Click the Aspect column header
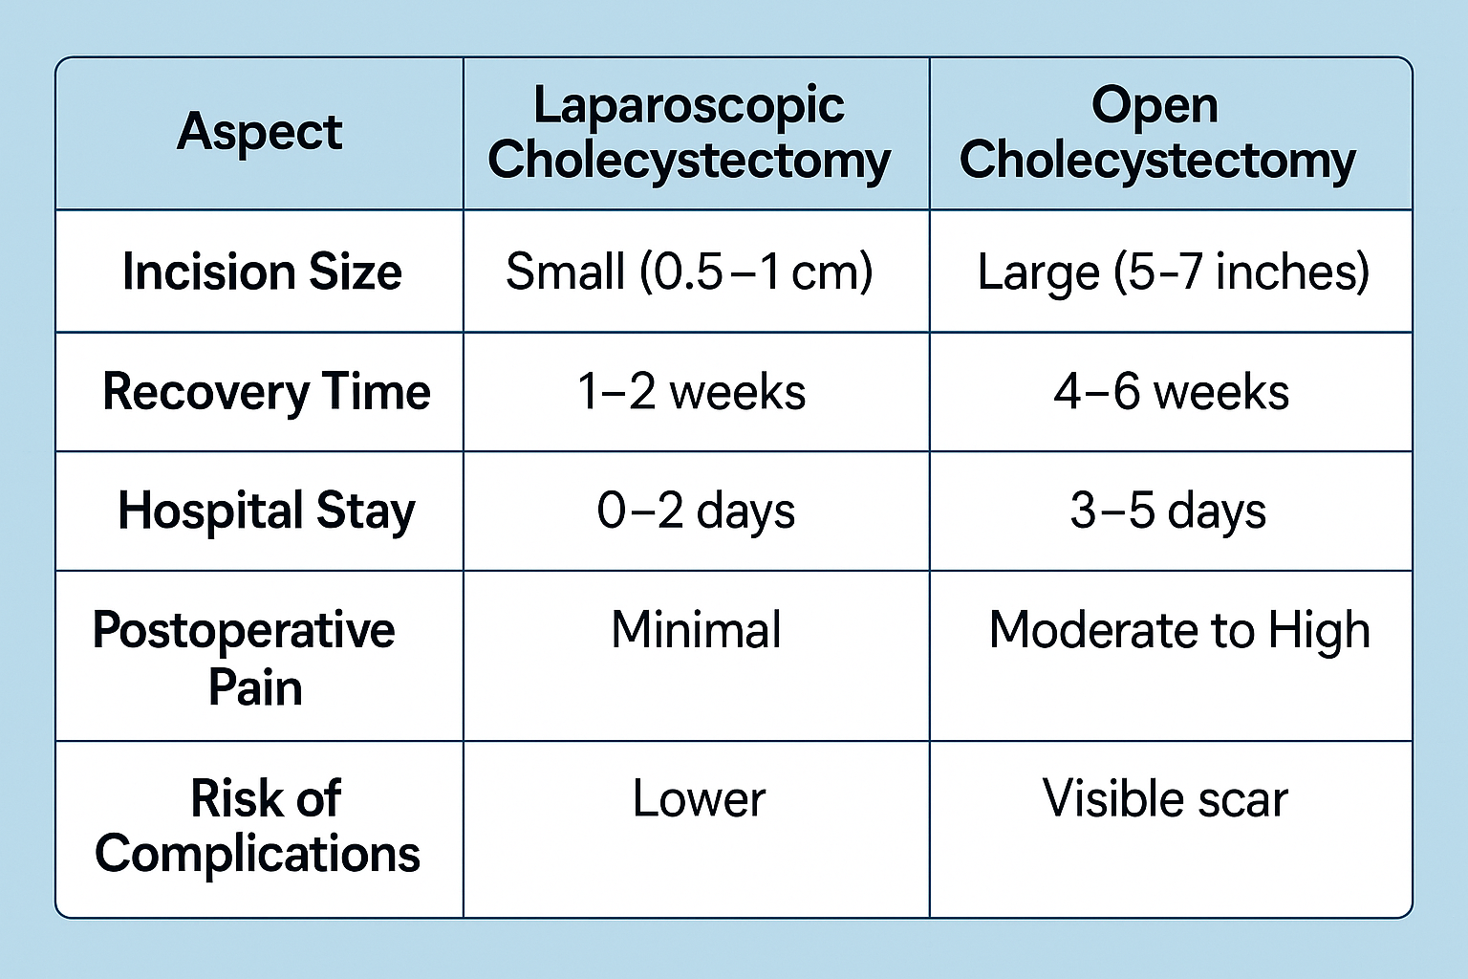tap(259, 132)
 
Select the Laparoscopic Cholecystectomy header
tap(689, 133)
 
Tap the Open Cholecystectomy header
tap(1157, 133)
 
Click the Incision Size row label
tap(262, 272)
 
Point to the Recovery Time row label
tap(266, 392)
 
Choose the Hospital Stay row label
tap(266, 511)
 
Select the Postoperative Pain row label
tap(245, 658)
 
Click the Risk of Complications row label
tap(258, 826)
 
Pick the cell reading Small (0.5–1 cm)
tap(689, 272)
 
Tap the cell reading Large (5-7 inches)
tap(1173, 272)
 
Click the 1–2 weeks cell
tap(691, 392)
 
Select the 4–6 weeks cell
tap(1171, 392)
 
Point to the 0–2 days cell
tap(696, 511)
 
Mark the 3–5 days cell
tap(1168, 511)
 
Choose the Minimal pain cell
tap(696, 630)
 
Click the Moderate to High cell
tap(1179, 631)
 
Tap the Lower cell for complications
tap(699, 798)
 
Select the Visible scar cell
tap(1165, 798)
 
